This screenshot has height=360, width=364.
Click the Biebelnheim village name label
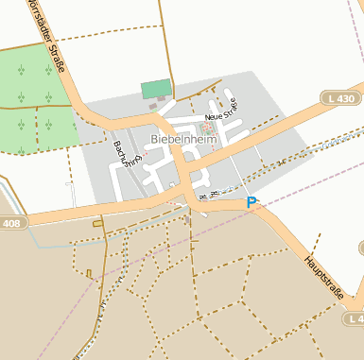[183, 139]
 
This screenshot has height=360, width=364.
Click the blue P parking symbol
[251, 202]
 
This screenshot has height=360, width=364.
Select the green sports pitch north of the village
[156, 89]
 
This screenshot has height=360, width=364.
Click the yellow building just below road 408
[97, 223]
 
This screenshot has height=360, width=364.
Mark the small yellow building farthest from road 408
[90, 274]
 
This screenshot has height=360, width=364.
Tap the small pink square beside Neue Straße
[207, 126]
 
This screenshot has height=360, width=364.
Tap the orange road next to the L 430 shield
[312, 114]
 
